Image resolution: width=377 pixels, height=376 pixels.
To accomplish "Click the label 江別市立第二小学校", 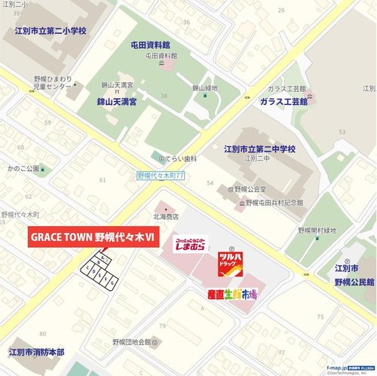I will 51,32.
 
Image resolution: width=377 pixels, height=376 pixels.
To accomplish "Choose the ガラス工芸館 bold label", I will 284,101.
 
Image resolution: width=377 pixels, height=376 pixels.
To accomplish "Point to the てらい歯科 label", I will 179,159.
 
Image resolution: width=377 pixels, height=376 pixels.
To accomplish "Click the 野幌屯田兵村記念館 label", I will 274,203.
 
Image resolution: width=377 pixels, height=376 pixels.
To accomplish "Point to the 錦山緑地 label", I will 204,88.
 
